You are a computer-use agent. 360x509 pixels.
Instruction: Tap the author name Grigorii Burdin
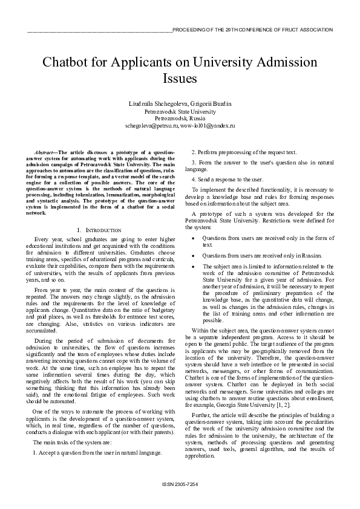[x=211, y=104]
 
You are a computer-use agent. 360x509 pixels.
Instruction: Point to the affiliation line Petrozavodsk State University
[x=180, y=112]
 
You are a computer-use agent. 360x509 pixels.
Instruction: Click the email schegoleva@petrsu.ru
[x=151, y=126]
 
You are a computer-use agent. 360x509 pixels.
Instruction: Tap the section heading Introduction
[x=102, y=230]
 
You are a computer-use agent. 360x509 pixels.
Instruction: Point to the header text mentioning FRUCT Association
[x=252, y=29]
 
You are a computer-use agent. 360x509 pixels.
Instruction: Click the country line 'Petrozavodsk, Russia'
[x=180, y=118]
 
